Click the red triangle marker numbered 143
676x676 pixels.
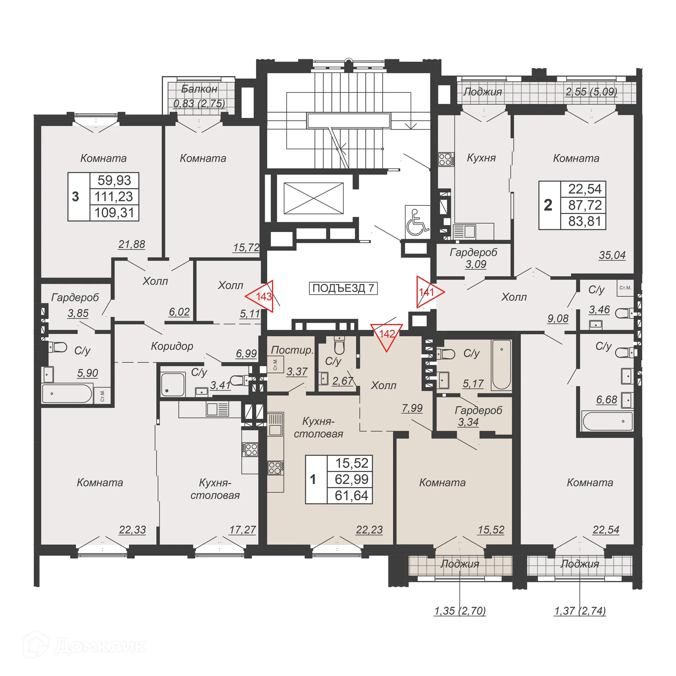(262, 296)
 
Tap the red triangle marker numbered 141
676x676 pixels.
(428, 292)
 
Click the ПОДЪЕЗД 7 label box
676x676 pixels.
(343, 288)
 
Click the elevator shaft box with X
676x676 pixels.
(313, 198)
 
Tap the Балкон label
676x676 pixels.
(199, 89)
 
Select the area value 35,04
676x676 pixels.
(612, 255)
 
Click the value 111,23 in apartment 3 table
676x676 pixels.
(114, 196)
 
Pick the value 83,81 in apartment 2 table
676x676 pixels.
(584, 221)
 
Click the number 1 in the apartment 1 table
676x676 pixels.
(313, 479)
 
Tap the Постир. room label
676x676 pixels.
(292, 350)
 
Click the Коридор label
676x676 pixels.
(172, 346)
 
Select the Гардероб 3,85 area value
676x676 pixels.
(78, 313)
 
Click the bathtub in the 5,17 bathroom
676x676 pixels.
(501, 364)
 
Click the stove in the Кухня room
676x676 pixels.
(445, 159)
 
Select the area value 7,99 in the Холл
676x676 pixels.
(412, 408)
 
